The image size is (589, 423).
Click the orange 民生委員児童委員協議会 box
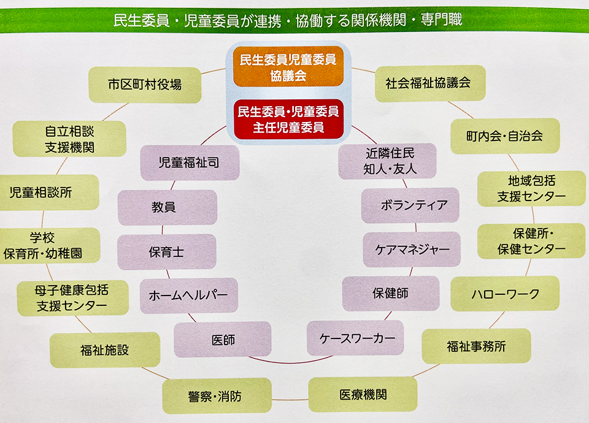pyautogui.click(x=288, y=68)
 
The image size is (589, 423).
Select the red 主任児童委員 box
pyautogui.click(x=288, y=120)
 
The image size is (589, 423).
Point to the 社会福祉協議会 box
pyautogui.click(x=430, y=83)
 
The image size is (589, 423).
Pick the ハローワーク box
pyautogui.click(x=505, y=294)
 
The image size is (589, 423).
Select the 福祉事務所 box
pyautogui.click(x=476, y=346)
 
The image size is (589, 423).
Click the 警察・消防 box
pyautogui.click(x=215, y=396)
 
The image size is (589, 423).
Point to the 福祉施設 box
pyautogui.click(x=104, y=350)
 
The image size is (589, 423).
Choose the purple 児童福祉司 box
pyautogui.click(x=189, y=162)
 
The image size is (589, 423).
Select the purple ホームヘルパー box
pyautogui.click(x=188, y=295)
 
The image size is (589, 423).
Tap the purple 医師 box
pyautogui.click(x=222, y=339)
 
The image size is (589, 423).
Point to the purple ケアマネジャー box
pyautogui.click(x=412, y=250)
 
